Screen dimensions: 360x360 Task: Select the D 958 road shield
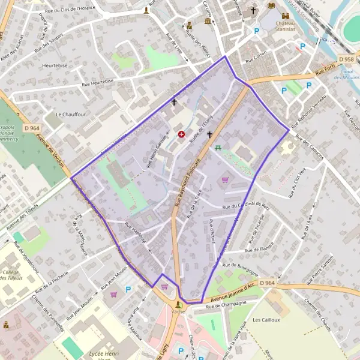tap(346, 60)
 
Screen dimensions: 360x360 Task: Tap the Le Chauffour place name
tap(67, 114)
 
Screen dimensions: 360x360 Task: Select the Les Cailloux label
tap(267, 320)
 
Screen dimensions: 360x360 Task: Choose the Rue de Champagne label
tap(226, 306)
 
